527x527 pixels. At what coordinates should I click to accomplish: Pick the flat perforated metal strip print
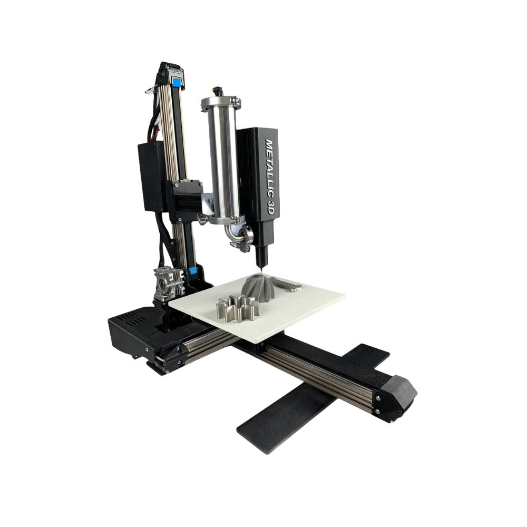click(x=290, y=286)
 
